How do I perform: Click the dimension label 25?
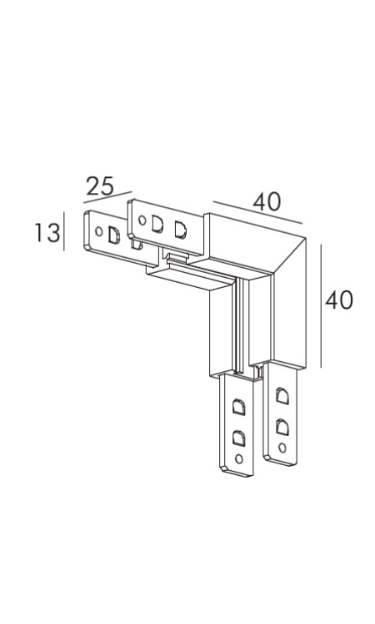[x=100, y=186]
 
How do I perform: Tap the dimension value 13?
[x=47, y=233]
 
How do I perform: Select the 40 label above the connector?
[x=267, y=201]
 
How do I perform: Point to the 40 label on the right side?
[x=339, y=300]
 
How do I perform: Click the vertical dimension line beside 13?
[x=64, y=231]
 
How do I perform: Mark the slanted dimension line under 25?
[x=107, y=197]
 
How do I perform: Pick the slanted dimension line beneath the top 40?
[x=257, y=213]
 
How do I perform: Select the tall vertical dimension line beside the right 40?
[x=321, y=306]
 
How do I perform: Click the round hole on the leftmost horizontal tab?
[x=99, y=231]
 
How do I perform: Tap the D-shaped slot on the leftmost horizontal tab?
[x=114, y=235]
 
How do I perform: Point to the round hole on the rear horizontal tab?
[x=142, y=220]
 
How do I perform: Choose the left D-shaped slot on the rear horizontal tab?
[x=157, y=225]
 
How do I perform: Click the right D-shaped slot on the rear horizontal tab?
[x=181, y=230]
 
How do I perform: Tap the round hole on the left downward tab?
[x=239, y=458]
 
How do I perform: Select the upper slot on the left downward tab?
[x=238, y=407]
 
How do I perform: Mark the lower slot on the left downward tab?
[x=238, y=438]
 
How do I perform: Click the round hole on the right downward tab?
[x=282, y=448]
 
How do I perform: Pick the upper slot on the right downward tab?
[x=282, y=396]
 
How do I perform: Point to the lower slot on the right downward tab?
[x=282, y=427]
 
